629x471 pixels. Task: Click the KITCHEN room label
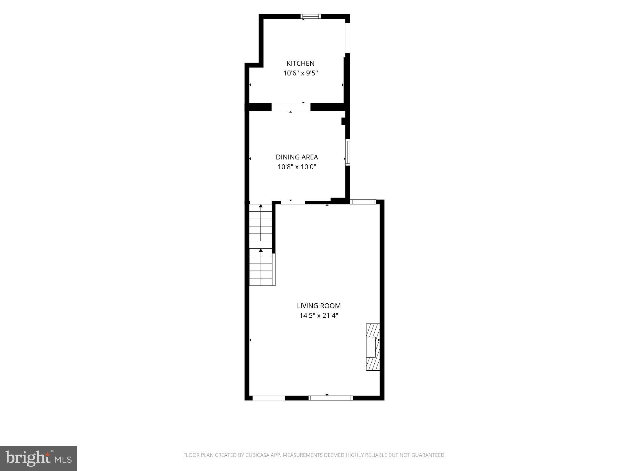(x=300, y=63)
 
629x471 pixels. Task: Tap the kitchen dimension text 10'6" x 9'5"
(x=300, y=73)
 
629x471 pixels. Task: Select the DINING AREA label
(x=297, y=157)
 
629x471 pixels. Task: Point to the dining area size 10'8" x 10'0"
(x=297, y=167)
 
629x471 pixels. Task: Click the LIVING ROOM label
(x=319, y=306)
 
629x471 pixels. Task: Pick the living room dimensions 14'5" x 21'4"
(x=319, y=316)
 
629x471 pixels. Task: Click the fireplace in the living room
(x=373, y=347)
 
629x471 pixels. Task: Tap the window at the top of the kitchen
(x=311, y=16)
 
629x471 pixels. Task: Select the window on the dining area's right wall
(x=348, y=152)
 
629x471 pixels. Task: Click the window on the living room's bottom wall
(x=331, y=398)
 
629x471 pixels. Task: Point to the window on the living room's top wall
(x=363, y=202)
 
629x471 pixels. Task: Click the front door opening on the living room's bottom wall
(x=269, y=398)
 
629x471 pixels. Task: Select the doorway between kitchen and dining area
(x=291, y=107)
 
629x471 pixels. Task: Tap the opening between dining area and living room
(x=293, y=202)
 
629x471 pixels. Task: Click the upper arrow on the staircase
(x=261, y=223)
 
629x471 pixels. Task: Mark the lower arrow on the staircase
(x=261, y=267)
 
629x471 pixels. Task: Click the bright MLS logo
(x=38, y=458)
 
